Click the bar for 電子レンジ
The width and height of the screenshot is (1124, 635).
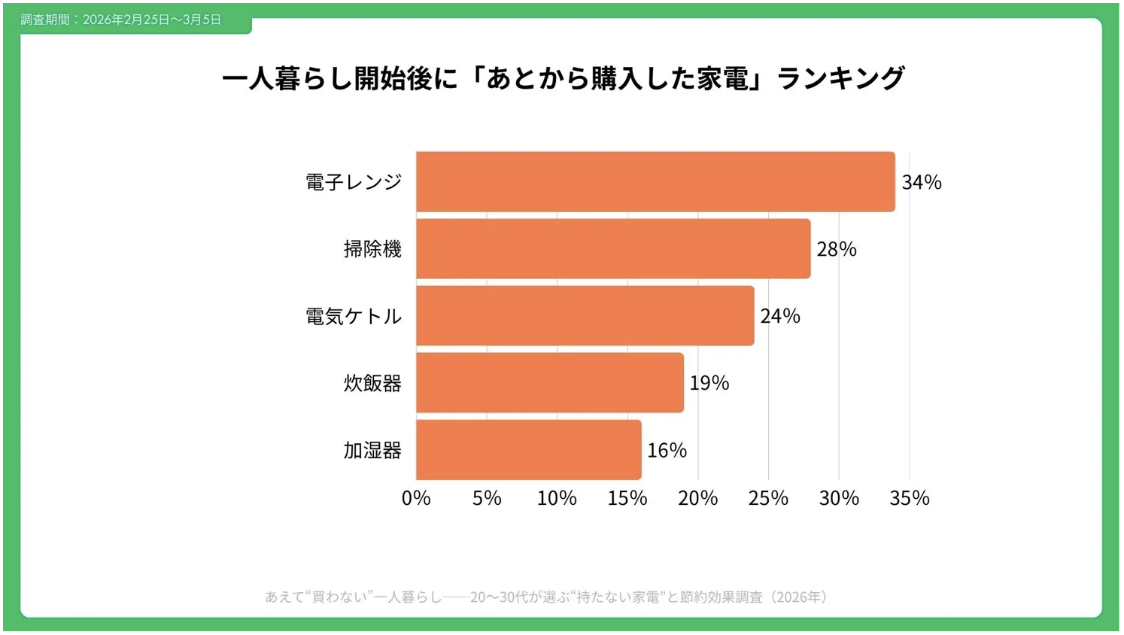tap(655, 181)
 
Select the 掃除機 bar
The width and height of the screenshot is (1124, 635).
tap(613, 249)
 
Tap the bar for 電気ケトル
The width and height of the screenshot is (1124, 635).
tap(585, 316)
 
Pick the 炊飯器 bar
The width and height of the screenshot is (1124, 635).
tap(550, 383)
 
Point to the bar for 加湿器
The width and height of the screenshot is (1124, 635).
tap(528, 450)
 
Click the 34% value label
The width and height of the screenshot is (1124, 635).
tap(922, 182)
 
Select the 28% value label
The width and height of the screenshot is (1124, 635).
tap(837, 249)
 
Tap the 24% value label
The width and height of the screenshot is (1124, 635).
tap(780, 316)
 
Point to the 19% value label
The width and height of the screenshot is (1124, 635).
tap(709, 383)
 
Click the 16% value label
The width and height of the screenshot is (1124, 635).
tap(667, 450)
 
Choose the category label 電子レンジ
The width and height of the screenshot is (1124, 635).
tap(354, 182)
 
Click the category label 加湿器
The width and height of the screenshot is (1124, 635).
tap(372, 450)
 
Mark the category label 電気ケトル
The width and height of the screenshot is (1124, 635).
tap(354, 316)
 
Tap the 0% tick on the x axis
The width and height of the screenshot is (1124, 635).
tap(416, 498)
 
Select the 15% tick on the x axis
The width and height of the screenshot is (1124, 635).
tap(627, 498)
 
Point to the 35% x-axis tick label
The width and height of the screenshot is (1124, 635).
tap(910, 498)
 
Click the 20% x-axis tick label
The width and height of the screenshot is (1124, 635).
tap(698, 498)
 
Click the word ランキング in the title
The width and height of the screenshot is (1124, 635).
tap(840, 78)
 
